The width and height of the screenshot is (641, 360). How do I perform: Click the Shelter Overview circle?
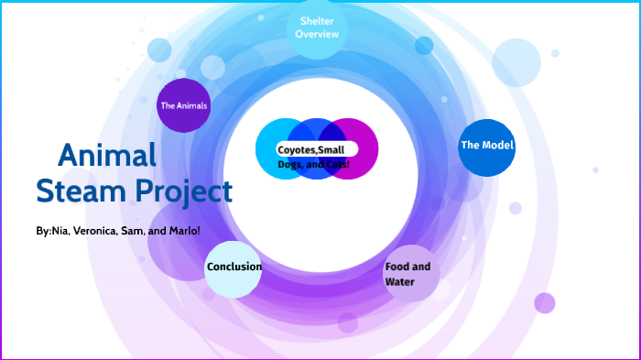click(318, 28)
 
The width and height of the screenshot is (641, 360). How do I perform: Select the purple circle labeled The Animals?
click(184, 105)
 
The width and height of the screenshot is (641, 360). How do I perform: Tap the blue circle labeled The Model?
click(486, 147)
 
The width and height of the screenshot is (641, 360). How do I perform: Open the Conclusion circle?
click(234, 268)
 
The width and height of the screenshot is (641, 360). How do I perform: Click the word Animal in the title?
click(107, 155)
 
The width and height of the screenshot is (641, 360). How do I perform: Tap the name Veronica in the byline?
click(92, 231)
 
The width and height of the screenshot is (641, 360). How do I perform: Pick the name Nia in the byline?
click(60, 231)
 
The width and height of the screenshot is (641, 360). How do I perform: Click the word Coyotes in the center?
click(297, 149)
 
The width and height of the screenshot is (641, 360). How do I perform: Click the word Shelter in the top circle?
click(318, 21)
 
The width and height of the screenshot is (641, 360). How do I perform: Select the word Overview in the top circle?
click(318, 35)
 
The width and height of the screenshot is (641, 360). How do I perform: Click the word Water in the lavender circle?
click(400, 282)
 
